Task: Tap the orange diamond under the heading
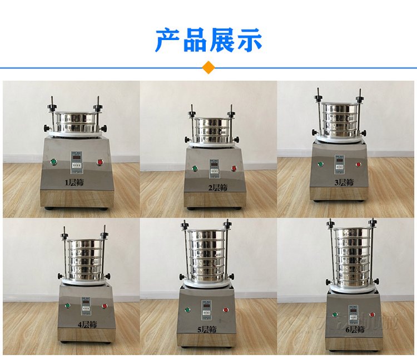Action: tap(209, 67)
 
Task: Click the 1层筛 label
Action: tap(73, 181)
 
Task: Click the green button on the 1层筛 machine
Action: tap(53, 162)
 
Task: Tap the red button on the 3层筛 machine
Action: tap(359, 164)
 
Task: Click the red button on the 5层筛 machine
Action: tap(226, 310)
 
